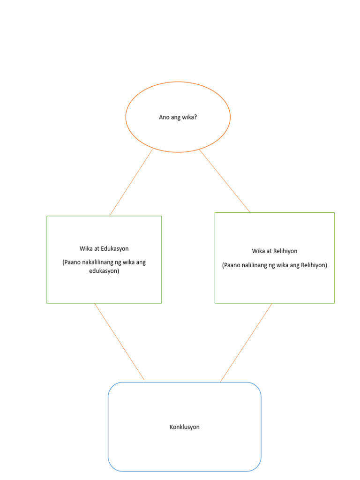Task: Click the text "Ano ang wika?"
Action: [x=178, y=117]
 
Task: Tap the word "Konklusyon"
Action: [x=184, y=427]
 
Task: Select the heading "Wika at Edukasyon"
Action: [x=104, y=249]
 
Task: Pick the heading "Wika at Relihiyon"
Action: [x=274, y=251]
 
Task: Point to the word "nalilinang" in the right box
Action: [x=258, y=265]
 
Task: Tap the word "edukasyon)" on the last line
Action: [x=104, y=271]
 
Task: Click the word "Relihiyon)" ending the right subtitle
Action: [x=314, y=265]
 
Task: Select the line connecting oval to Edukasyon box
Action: [x=131, y=182]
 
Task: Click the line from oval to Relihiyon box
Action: [x=225, y=180]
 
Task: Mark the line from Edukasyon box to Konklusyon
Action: [x=120, y=342]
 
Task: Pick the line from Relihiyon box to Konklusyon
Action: [x=246, y=342]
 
